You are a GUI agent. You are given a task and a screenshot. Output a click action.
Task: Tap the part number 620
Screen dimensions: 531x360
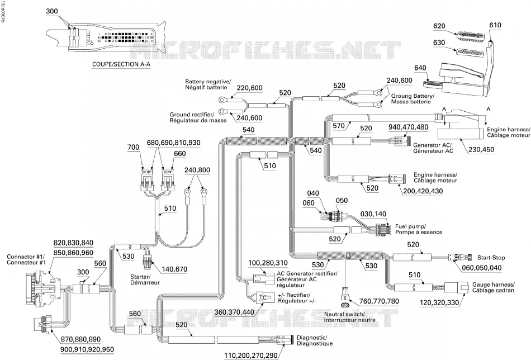439,26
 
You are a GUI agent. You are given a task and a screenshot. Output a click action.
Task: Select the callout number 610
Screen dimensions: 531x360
495,25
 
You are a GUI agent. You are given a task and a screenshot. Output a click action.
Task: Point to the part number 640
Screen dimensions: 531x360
420,68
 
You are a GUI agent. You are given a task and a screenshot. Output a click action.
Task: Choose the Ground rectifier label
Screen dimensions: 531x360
198,117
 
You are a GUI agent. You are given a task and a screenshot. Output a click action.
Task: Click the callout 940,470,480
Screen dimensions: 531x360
408,127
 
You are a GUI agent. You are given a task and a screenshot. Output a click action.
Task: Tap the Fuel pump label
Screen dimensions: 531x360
419,229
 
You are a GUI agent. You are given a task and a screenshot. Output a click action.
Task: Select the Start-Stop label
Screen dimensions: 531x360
491,258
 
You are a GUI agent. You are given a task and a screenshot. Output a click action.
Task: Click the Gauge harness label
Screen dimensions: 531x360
494,287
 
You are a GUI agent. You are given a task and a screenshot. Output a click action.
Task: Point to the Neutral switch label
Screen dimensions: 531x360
350,317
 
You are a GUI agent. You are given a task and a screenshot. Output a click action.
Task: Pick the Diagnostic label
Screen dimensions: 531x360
315,340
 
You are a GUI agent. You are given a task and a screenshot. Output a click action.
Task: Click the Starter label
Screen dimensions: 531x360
145,280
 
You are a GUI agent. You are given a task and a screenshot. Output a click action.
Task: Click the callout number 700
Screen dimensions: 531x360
134,148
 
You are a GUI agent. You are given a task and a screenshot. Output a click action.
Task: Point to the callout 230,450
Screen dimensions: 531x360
481,149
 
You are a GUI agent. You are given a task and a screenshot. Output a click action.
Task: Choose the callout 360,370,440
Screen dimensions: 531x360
234,312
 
